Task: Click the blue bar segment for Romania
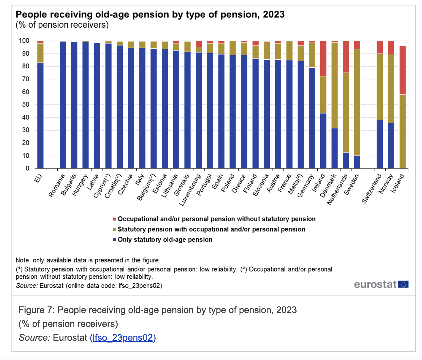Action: [x=63, y=105]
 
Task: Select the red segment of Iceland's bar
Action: [x=402, y=70]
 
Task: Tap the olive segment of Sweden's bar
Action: [x=357, y=102]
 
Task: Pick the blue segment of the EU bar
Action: [x=40, y=115]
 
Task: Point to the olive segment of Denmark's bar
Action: [x=335, y=85]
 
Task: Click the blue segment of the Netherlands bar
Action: [x=346, y=160]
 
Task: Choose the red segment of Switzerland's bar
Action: [x=380, y=47]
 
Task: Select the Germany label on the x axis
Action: [x=306, y=187]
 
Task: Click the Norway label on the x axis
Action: [x=386, y=184]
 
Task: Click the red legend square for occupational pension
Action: [x=114, y=219]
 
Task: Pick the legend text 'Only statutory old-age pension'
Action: [x=165, y=240]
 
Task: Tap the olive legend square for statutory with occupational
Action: [x=114, y=230]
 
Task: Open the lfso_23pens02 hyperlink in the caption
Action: [x=123, y=338]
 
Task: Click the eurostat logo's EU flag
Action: [x=403, y=285]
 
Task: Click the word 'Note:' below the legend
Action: [x=23, y=260]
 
